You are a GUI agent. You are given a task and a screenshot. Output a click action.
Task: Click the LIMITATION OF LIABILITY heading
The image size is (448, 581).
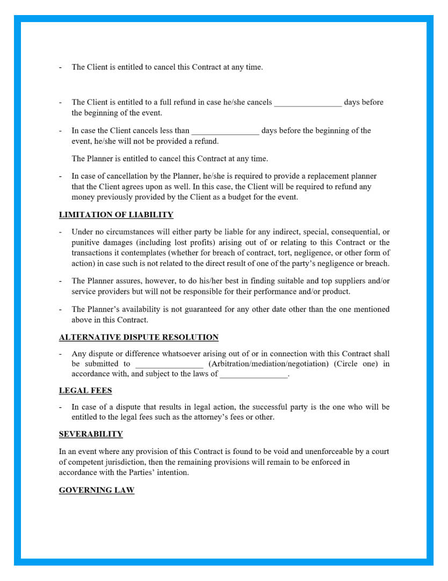click(116, 215)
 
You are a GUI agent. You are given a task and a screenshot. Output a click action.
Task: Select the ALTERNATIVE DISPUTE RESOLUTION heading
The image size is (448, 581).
click(139, 337)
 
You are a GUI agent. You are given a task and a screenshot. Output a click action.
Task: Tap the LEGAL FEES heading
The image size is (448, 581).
click(85, 391)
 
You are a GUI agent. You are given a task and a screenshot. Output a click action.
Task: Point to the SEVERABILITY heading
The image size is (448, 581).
click(91, 434)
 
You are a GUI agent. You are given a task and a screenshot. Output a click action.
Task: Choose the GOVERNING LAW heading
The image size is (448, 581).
click(97, 490)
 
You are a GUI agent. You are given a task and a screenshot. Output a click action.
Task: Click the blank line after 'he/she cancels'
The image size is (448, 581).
click(308, 103)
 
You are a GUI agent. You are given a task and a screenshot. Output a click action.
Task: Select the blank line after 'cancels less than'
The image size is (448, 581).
click(225, 131)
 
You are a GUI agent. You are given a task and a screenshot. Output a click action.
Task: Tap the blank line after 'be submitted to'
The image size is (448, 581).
click(169, 364)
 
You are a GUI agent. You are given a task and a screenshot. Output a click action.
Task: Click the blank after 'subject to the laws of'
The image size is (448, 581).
click(254, 374)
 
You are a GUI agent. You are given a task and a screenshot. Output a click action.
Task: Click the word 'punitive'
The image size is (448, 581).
click(86, 242)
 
